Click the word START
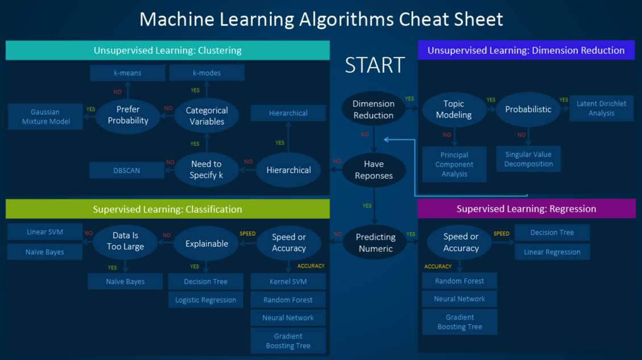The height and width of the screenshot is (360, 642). tap(375, 65)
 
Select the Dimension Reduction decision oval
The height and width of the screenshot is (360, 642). tap(373, 109)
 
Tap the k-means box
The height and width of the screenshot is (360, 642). tap(127, 73)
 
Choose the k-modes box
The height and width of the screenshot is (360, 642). tap(206, 73)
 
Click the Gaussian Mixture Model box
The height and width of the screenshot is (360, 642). tap(45, 117)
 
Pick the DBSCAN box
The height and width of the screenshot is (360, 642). tap(126, 170)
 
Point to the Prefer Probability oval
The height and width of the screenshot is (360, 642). tap(128, 115)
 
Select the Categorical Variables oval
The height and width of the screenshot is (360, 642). tap(207, 116)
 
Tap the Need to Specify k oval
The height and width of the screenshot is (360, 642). tap(206, 169)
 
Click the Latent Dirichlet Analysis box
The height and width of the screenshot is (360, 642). tap(601, 108)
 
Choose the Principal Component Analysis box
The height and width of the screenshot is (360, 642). tap(454, 164)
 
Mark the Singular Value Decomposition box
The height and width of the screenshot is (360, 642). tap(528, 159)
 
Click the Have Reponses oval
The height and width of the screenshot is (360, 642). tap(374, 170)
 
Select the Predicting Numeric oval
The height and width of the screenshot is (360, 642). tap(375, 243)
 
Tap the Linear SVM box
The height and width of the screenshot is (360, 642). tap(45, 232)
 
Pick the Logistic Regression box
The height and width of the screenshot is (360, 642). tap(206, 300)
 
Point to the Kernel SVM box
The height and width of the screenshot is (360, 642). tap(288, 282)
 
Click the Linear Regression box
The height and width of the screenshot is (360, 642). tap(552, 252)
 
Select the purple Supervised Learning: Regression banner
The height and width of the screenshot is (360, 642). tap(527, 209)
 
